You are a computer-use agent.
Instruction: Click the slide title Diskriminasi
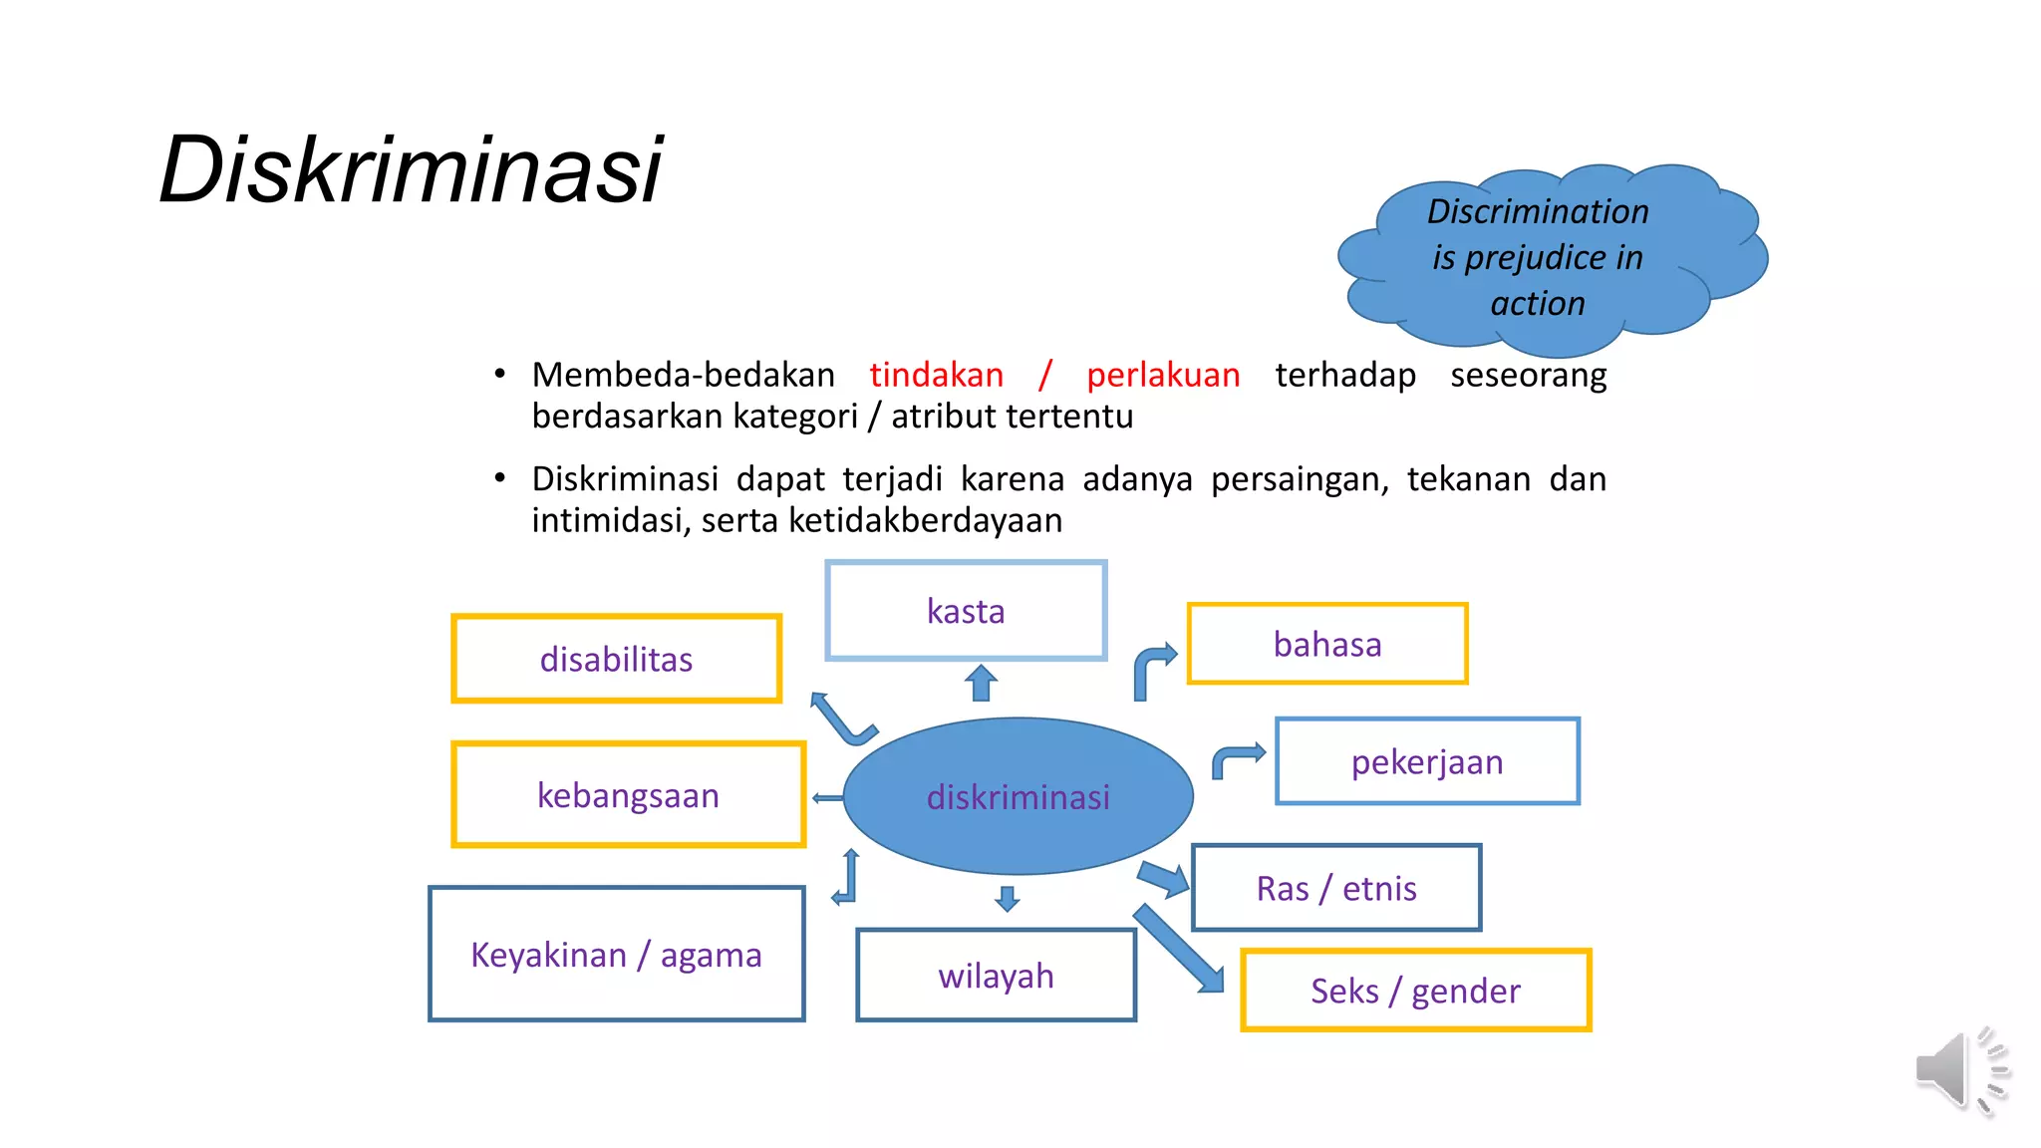411,169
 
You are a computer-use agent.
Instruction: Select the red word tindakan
936,375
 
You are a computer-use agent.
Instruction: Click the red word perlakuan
1163,375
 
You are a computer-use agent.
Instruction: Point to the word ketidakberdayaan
925,520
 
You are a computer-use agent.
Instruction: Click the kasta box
966,610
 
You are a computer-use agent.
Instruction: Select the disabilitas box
616,659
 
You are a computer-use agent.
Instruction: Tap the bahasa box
1327,644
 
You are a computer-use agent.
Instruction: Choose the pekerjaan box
1427,761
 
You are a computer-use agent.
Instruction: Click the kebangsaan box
628,795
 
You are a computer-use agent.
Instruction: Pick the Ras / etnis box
1336,888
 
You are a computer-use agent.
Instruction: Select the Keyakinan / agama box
616,954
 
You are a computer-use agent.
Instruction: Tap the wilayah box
996,976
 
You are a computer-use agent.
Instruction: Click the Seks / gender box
1415,991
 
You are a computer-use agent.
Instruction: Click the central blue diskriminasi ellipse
1018,796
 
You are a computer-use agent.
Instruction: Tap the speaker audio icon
1958,1071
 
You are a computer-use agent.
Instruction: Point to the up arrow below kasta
981,684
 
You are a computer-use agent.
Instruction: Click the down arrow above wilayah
1007,898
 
